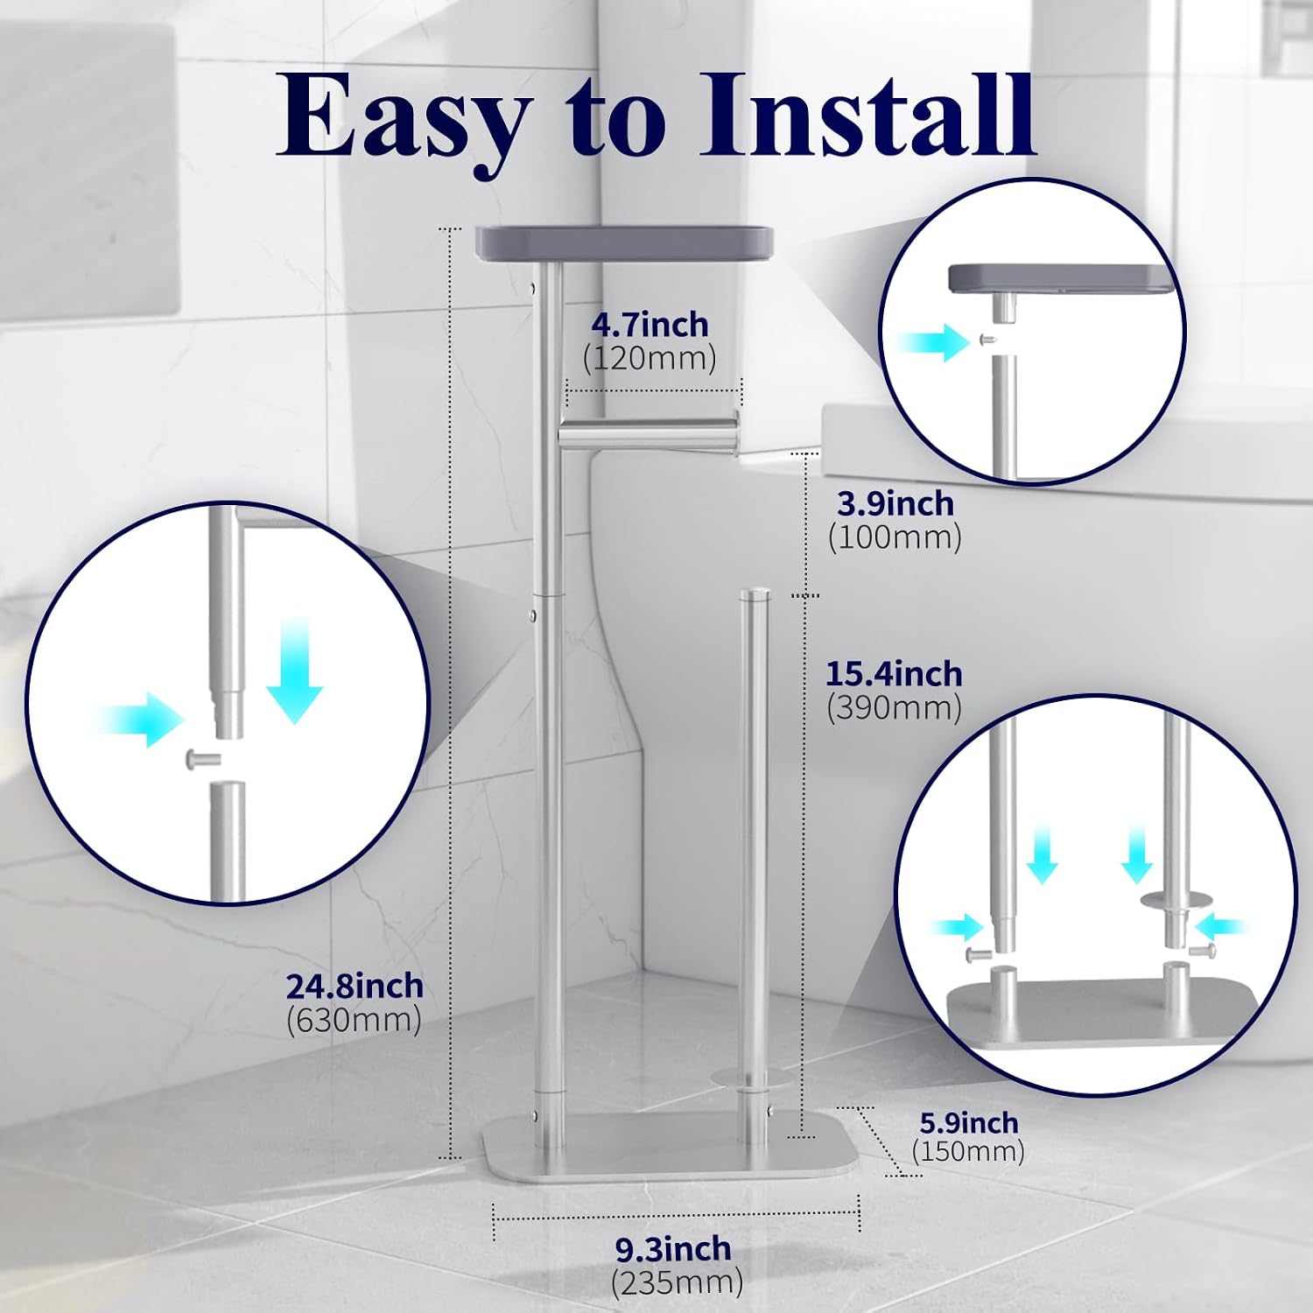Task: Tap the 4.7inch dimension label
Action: coord(649,325)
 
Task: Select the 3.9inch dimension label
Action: coord(895,504)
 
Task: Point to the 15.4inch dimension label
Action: coord(894,674)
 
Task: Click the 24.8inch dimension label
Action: coord(355,987)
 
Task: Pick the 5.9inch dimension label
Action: coord(969,1123)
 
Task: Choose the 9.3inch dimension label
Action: coord(673,1248)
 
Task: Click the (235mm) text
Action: coord(677,1283)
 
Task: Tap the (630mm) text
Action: coord(354,1021)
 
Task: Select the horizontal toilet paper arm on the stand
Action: coord(648,431)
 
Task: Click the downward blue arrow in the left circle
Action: coord(295,670)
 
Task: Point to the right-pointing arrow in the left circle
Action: coord(141,720)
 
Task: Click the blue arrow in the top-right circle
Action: coord(934,341)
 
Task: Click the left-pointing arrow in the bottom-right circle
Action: coord(1224,924)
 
